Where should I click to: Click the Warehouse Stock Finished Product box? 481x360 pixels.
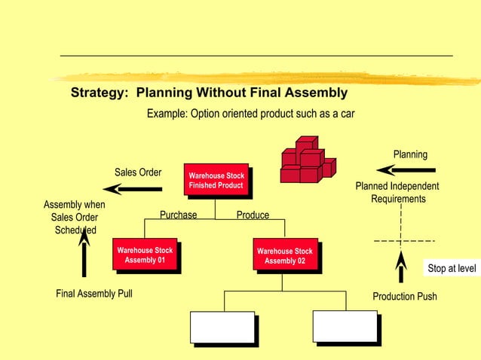click(x=216, y=181)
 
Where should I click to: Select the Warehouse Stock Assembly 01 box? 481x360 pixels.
click(x=145, y=255)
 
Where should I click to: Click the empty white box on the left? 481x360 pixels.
click(x=222, y=327)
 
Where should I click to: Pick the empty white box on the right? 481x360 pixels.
click(x=345, y=327)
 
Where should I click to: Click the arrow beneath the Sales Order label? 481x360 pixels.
click(x=133, y=188)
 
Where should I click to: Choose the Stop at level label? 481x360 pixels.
click(x=452, y=268)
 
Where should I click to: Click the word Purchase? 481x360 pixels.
click(x=178, y=215)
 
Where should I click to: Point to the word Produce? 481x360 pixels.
click(x=253, y=215)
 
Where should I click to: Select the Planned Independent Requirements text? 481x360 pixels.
click(x=397, y=193)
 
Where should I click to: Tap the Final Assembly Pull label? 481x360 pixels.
click(x=94, y=294)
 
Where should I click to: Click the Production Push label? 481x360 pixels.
click(x=405, y=297)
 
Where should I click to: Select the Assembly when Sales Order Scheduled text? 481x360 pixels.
click(x=74, y=218)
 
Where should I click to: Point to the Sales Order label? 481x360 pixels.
click(x=138, y=172)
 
